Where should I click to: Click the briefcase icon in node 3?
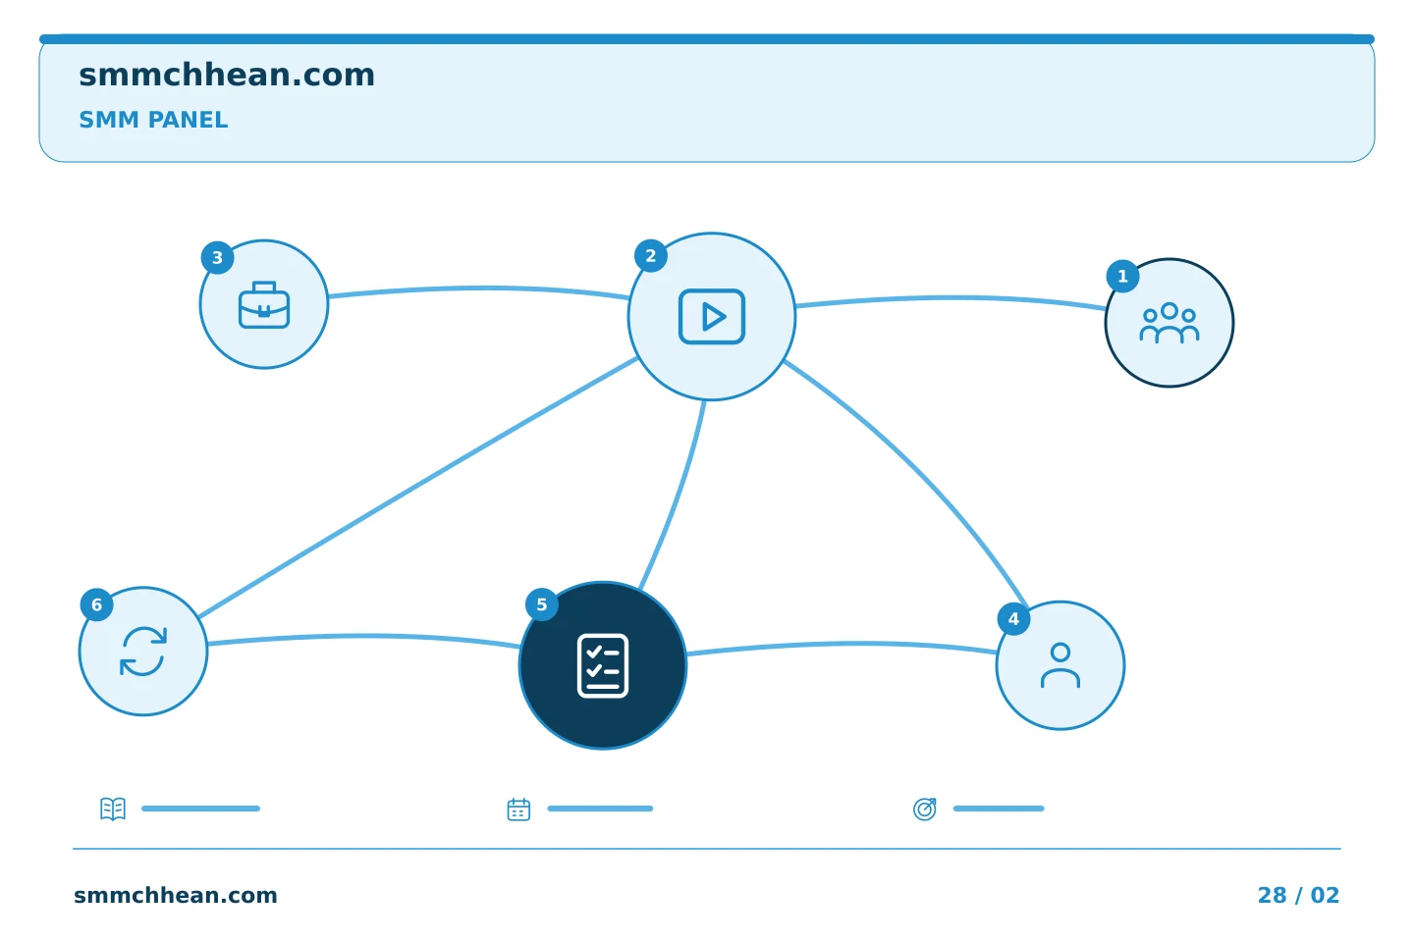(264, 305)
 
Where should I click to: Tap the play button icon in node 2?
(711, 316)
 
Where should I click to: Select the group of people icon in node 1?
(1169, 323)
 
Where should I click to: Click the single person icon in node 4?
(1060, 665)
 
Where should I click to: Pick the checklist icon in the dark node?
(603, 665)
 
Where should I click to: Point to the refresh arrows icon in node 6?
(143, 652)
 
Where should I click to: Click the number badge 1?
(1122, 277)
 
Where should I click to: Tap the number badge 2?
(651, 256)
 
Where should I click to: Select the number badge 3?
(217, 258)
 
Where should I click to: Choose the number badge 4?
(1013, 619)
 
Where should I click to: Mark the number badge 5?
(542, 604)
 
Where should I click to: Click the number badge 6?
(96, 605)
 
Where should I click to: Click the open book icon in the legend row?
(113, 809)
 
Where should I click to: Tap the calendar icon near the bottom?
(518, 810)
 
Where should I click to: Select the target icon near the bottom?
(925, 809)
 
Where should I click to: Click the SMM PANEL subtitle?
(153, 120)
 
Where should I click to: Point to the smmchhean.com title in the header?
(227, 76)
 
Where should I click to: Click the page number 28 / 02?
(1298, 895)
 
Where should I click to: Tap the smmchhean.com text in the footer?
(176, 895)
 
